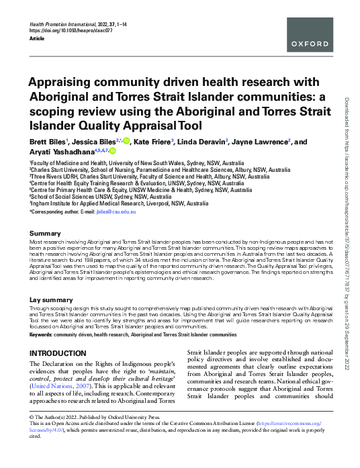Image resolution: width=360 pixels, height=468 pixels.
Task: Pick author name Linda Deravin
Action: [201, 142]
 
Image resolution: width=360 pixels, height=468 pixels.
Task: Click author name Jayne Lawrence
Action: [260, 142]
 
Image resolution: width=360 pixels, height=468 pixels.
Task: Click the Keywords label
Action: [41, 333]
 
